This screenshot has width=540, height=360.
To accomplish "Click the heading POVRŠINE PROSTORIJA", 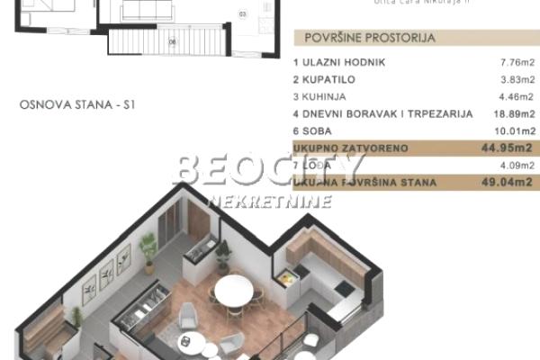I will pos(364,39).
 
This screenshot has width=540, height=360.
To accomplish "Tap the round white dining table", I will pos(233,291).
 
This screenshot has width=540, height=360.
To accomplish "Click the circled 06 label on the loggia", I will pos(174,40).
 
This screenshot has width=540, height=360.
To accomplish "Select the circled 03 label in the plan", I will pos(241,14).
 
